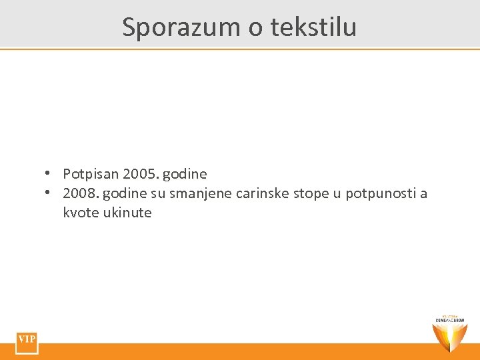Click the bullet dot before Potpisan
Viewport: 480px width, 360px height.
click(x=49, y=173)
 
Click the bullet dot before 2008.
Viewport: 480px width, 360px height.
click(x=49, y=193)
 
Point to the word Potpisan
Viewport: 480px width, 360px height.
click(x=91, y=174)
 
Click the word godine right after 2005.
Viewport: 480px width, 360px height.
click(x=185, y=175)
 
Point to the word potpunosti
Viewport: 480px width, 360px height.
click(x=380, y=195)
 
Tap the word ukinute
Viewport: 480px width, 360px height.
click(x=127, y=213)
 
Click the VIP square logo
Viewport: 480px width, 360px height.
click(x=27, y=341)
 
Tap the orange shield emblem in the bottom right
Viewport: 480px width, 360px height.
click(x=450, y=337)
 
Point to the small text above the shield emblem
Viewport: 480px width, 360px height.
click(x=450, y=318)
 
